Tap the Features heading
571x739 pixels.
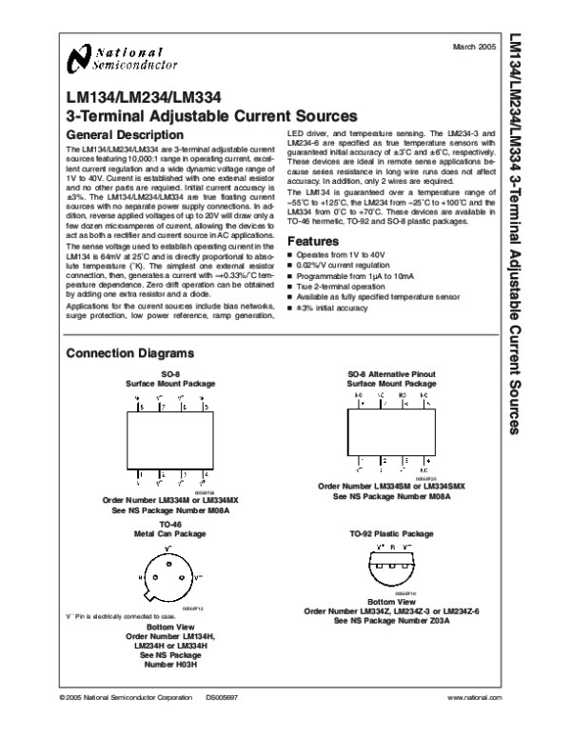[313, 240]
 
